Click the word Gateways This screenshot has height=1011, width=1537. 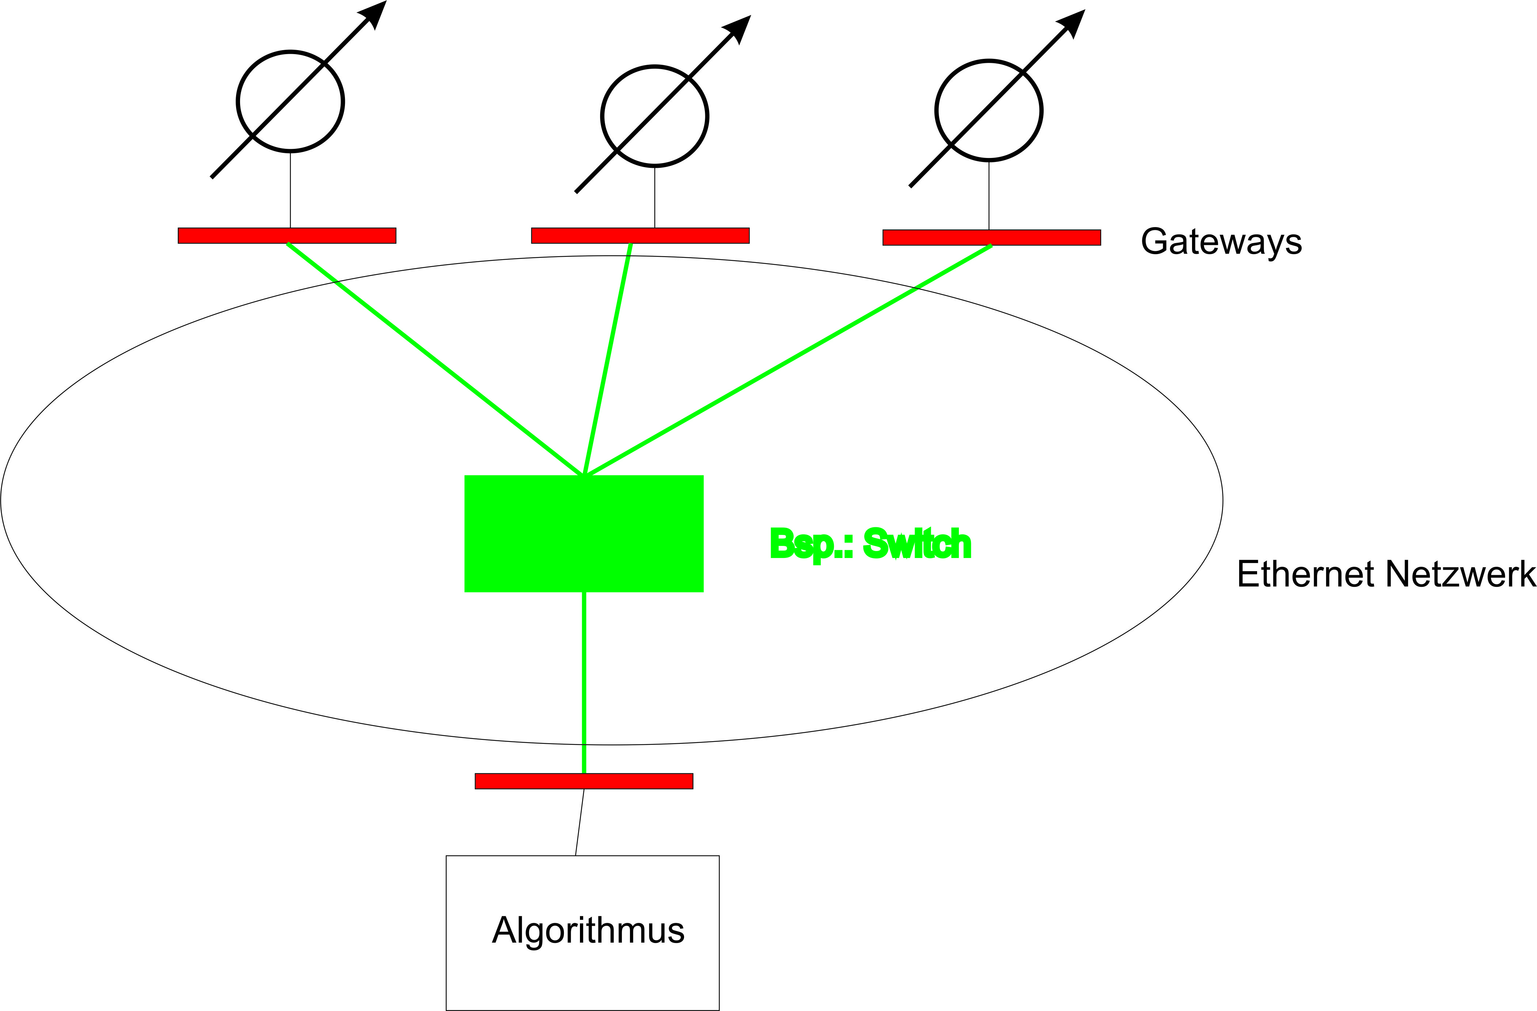[1221, 242]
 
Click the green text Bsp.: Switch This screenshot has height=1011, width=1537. [870, 544]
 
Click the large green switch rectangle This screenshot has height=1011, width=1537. [584, 533]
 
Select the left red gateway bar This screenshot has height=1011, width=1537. [287, 236]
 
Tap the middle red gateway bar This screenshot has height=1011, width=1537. [640, 236]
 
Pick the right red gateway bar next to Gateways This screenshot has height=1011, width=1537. [991, 238]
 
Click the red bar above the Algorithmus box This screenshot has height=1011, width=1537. [584, 781]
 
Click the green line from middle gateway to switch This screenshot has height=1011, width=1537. [607, 359]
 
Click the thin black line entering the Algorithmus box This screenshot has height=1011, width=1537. [580, 822]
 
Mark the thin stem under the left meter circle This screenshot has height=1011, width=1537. [291, 190]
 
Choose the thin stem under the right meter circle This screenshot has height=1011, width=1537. [989, 195]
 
